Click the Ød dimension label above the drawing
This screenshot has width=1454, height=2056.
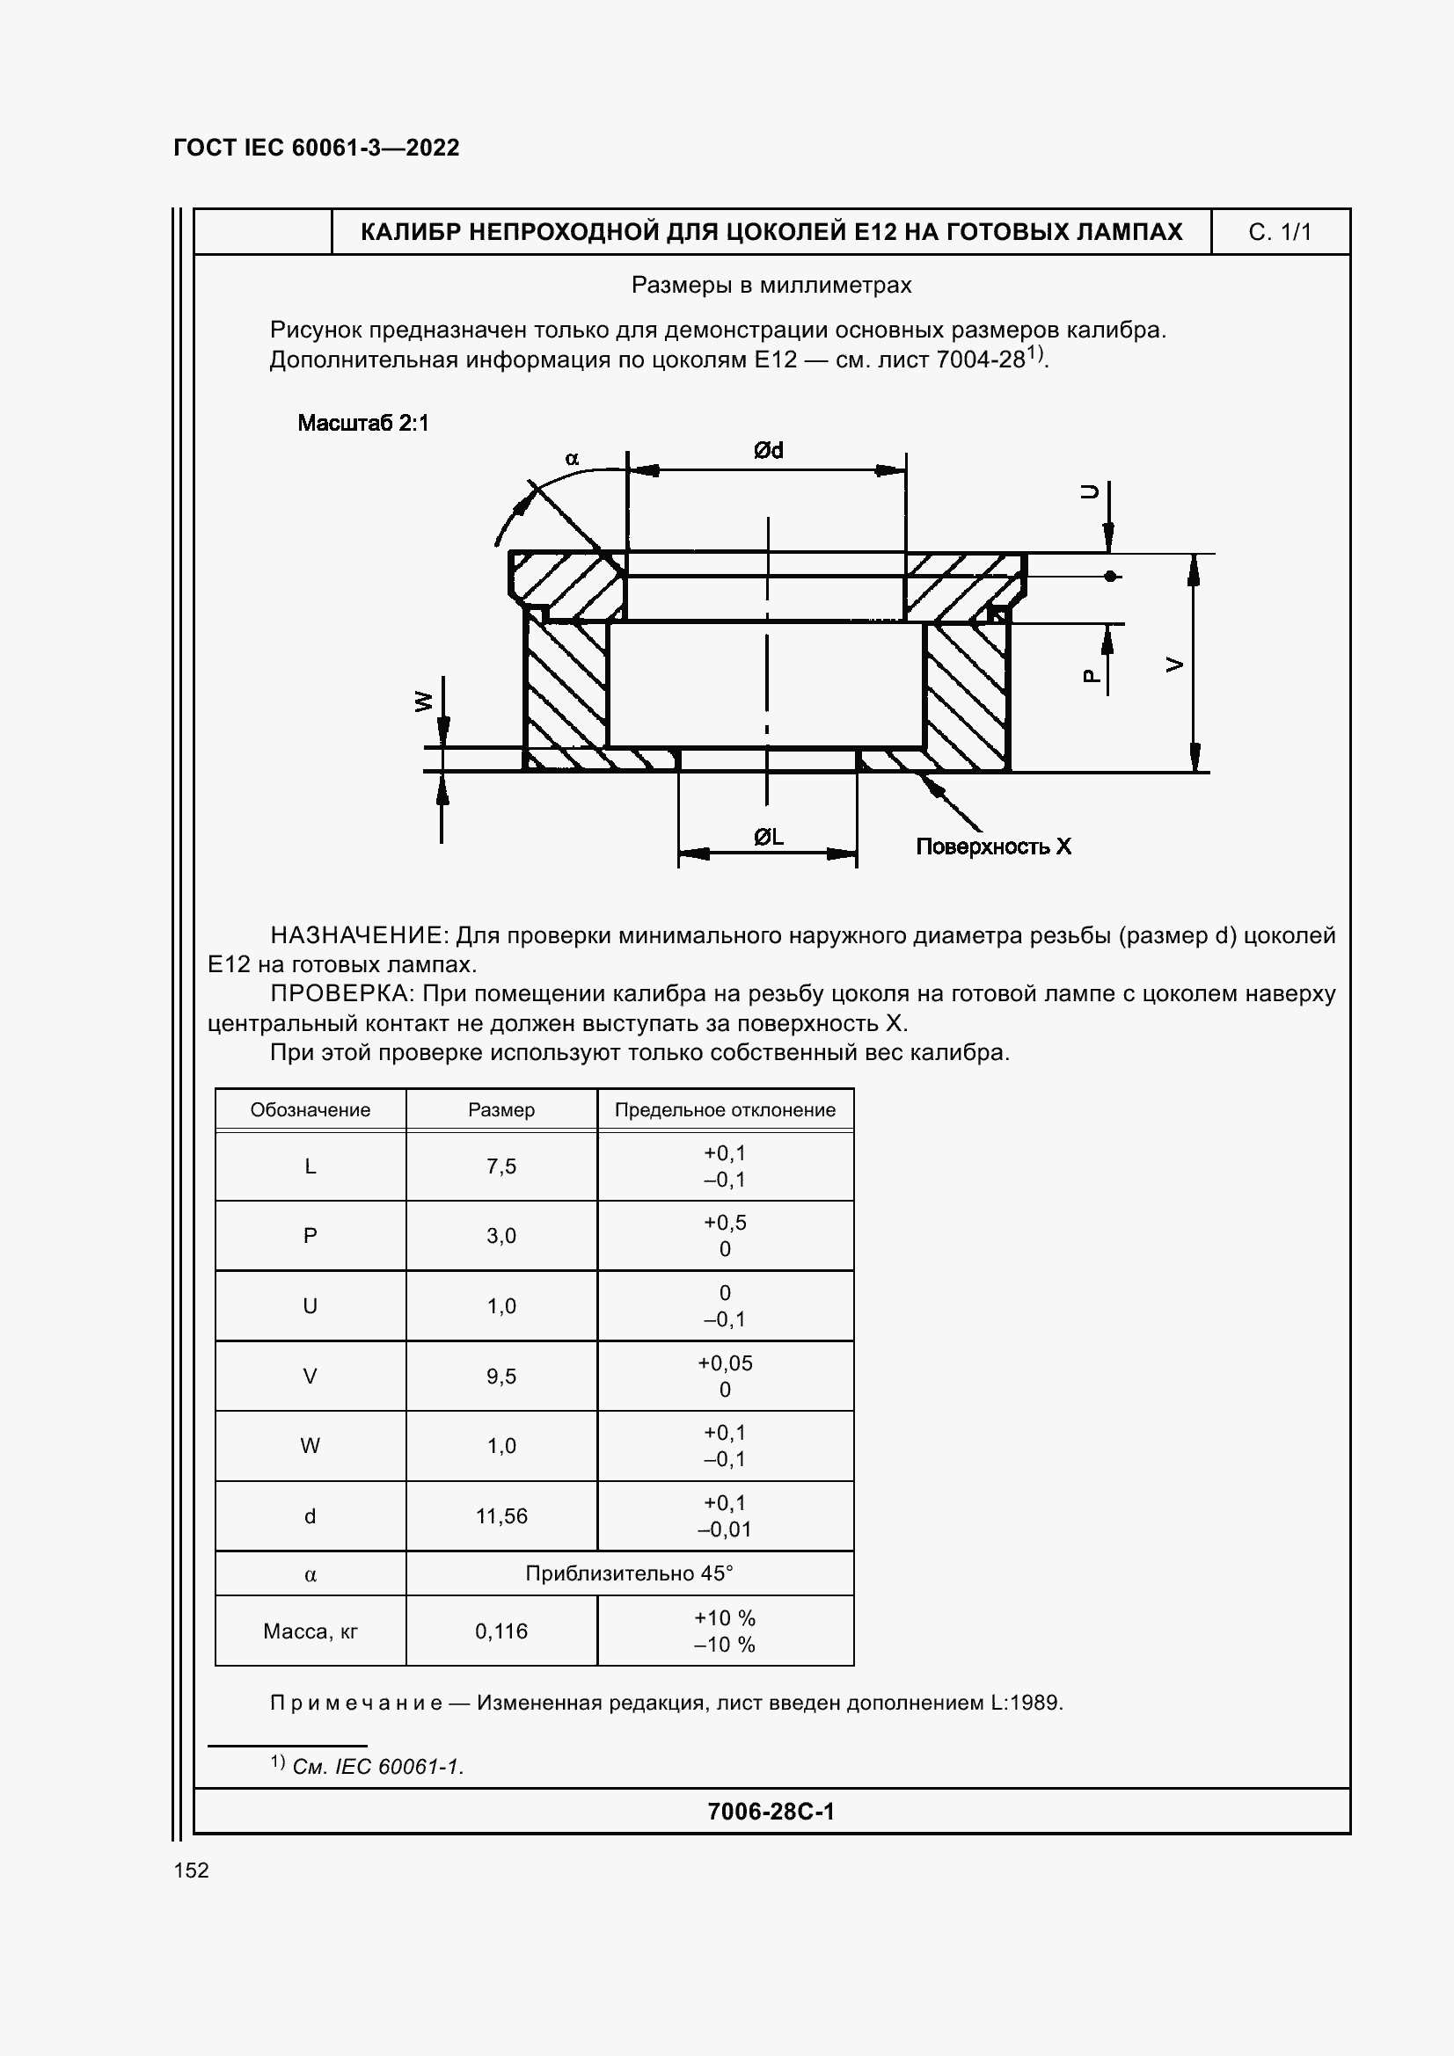point(769,450)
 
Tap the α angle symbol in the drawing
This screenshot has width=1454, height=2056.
point(572,460)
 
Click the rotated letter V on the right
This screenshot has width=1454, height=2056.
point(1174,665)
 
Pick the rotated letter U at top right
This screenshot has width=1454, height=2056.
point(1089,490)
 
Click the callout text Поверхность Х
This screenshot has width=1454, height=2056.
point(992,846)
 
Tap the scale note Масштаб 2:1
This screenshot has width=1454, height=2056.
point(362,423)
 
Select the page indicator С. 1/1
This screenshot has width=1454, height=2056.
point(1279,233)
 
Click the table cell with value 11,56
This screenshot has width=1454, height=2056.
point(500,1516)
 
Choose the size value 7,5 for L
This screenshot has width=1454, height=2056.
point(500,1166)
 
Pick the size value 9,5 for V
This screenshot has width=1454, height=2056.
point(500,1377)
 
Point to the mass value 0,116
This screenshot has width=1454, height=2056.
point(500,1631)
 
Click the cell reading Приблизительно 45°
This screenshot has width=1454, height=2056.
point(629,1573)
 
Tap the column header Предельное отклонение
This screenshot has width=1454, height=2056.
point(725,1110)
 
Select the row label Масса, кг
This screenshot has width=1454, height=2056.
point(310,1631)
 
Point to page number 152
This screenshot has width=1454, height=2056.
point(191,1870)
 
